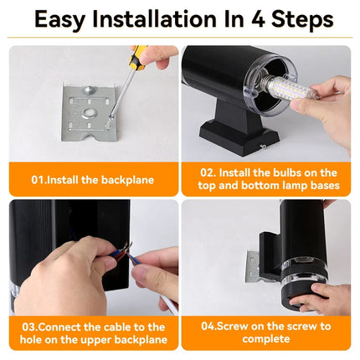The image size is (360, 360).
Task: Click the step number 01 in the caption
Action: (39, 178)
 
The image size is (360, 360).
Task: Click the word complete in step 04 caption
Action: (265, 339)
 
